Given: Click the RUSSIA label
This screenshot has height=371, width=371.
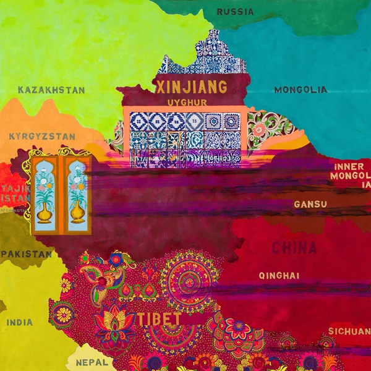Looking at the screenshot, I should (x=235, y=11).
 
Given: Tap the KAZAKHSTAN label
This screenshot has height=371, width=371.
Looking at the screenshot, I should (x=51, y=90).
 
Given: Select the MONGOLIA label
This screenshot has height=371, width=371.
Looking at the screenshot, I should (x=301, y=90).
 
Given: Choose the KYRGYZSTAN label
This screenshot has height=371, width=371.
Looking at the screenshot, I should (x=42, y=136).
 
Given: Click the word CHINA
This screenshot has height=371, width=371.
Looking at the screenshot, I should (x=294, y=248).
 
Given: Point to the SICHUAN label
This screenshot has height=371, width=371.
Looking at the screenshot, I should (x=349, y=331).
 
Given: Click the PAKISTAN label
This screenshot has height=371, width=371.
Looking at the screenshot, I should (x=26, y=254).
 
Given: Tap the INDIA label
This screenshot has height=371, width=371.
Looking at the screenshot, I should (x=20, y=322).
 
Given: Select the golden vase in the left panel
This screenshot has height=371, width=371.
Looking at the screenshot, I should (x=43, y=212).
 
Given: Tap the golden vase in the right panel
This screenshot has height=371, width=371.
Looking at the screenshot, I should (x=77, y=212).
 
